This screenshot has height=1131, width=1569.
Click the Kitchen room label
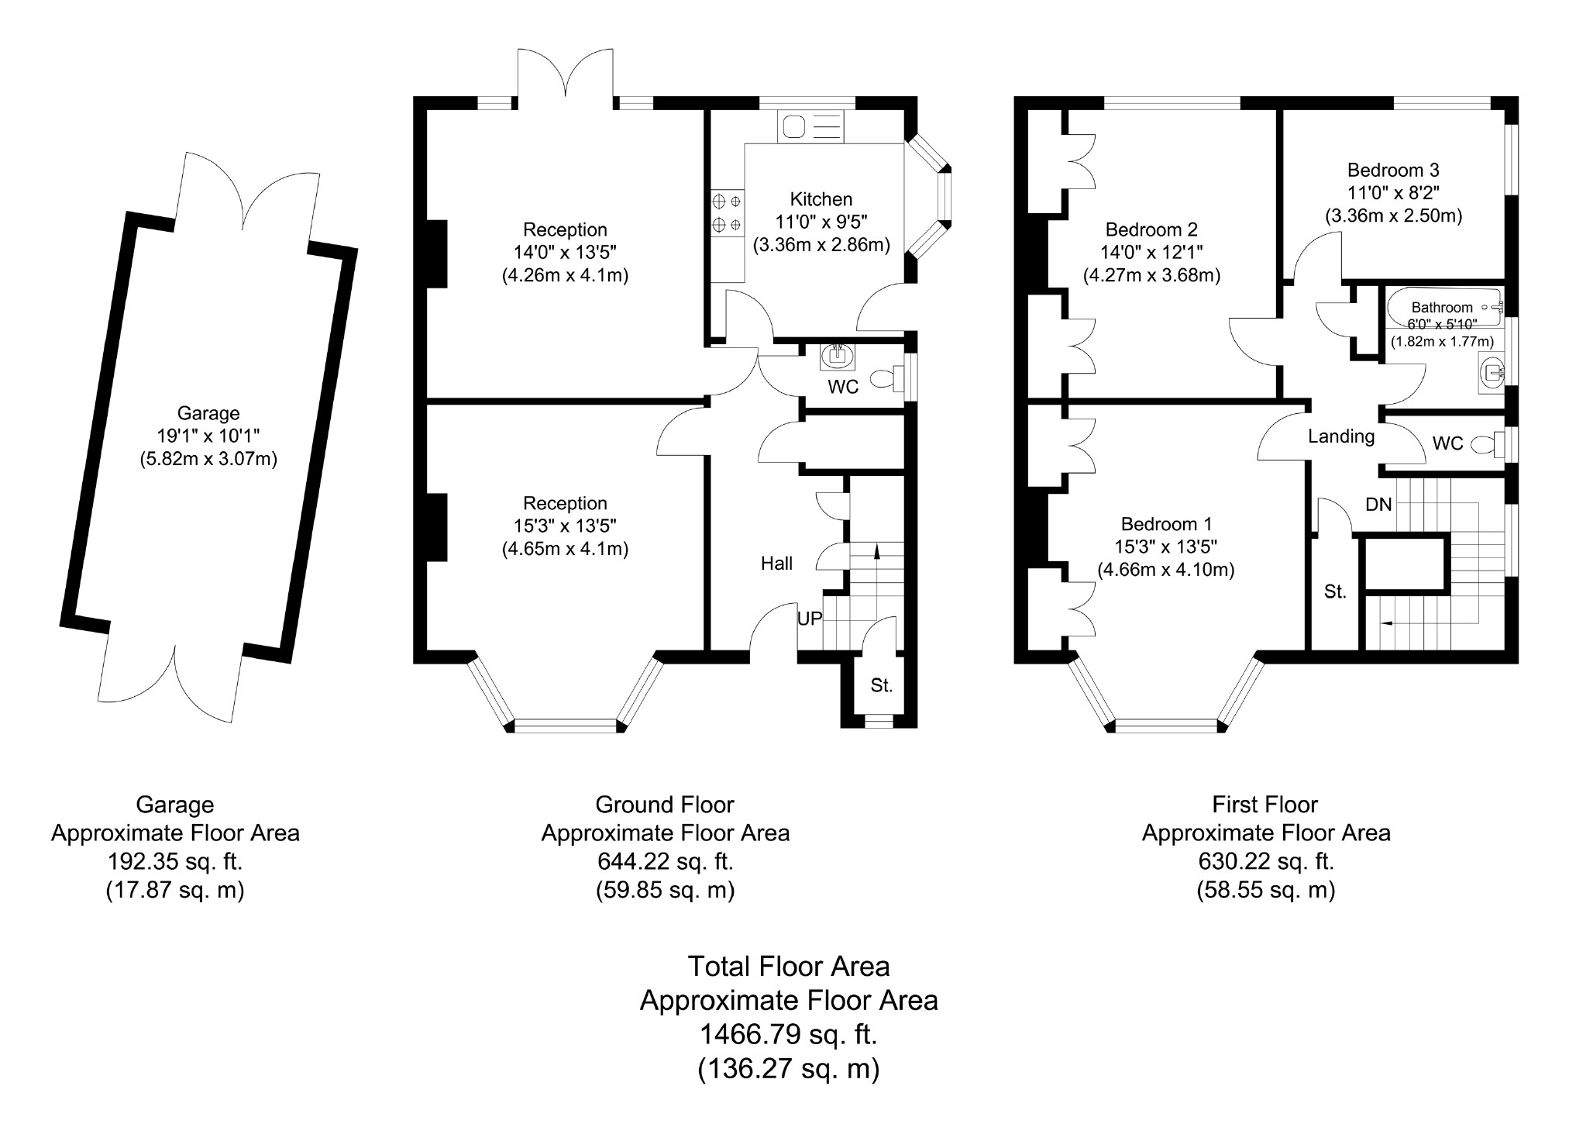coord(821,199)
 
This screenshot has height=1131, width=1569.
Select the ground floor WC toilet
coord(886,378)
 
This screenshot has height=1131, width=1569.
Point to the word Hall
coord(776,564)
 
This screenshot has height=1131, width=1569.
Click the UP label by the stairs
coord(810,619)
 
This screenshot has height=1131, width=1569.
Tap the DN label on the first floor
coord(1378,505)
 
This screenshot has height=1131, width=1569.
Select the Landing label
coord(1340,436)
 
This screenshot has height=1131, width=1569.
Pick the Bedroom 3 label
coord(1392,170)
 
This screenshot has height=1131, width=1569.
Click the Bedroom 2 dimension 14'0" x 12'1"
coord(1151,252)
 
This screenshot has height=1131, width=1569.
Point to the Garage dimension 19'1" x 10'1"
coord(208,436)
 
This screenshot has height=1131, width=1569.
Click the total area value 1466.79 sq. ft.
coord(788,1034)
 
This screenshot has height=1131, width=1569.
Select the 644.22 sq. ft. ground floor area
coord(665,861)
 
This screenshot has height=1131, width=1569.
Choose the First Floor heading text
coord(1264,804)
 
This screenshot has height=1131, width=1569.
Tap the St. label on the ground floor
coord(881,685)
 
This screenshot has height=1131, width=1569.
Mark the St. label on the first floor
coord(1334,592)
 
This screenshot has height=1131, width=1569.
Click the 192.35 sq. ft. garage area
coord(175,861)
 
